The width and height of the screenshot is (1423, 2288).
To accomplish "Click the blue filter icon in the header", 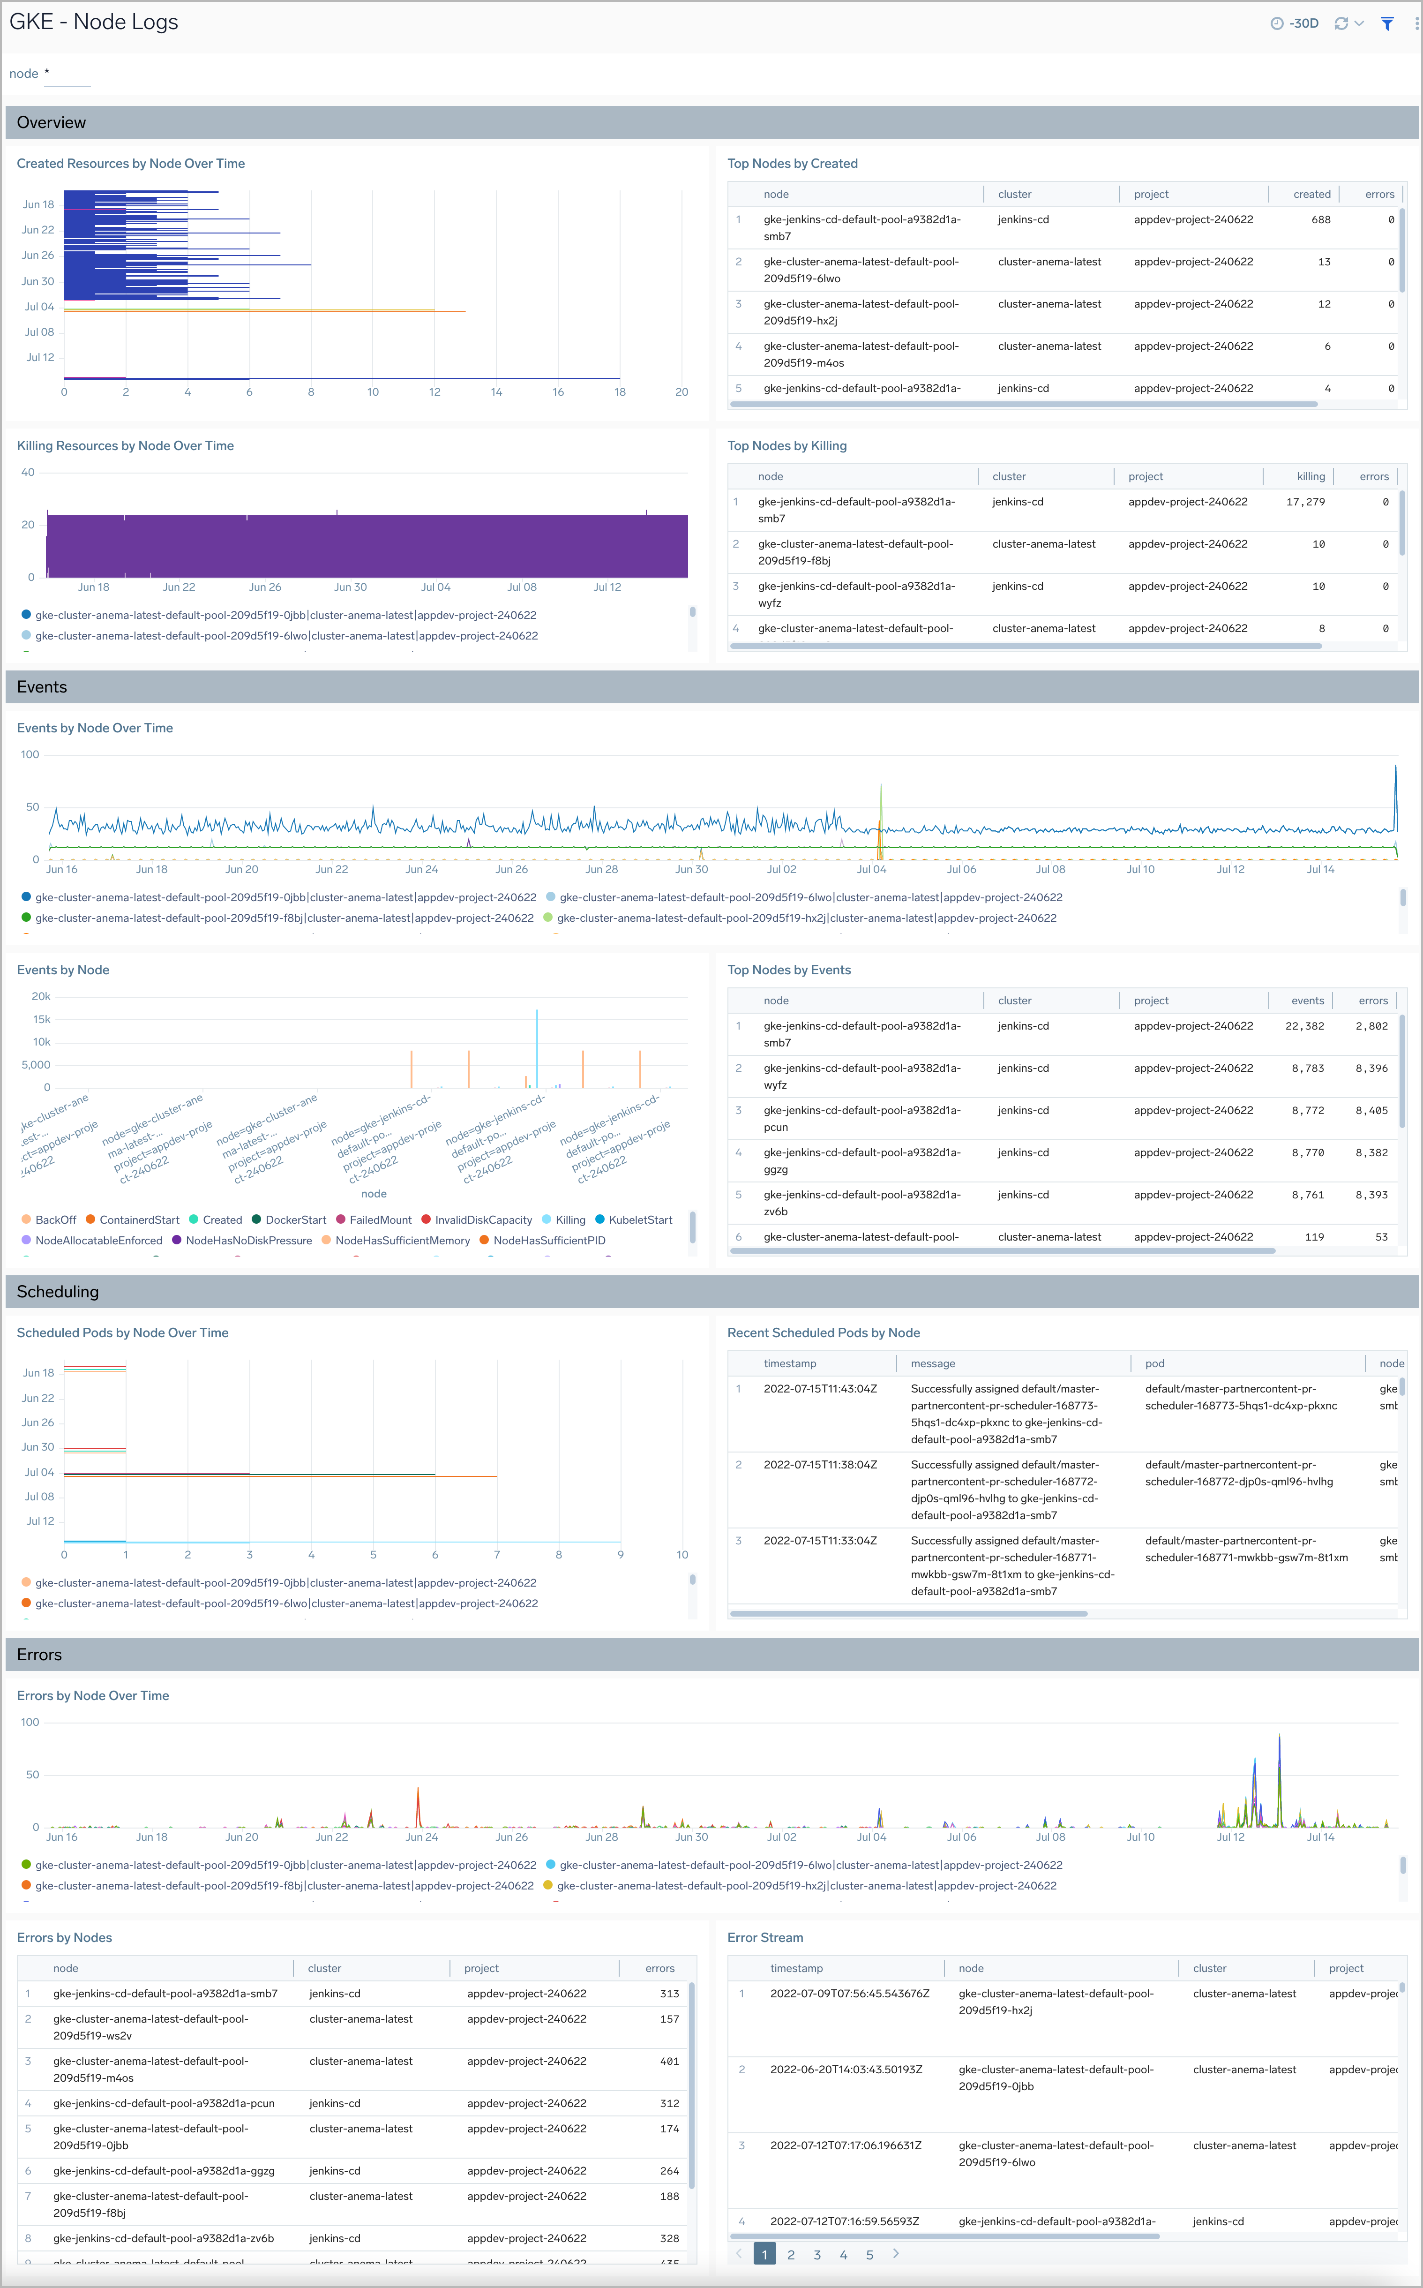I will click(1386, 23).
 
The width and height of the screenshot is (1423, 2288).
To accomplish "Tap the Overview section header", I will click(52, 122).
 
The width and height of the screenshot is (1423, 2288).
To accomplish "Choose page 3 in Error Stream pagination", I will click(817, 2254).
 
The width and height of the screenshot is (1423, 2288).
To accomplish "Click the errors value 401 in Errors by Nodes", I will click(669, 2061).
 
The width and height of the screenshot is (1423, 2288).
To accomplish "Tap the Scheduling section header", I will click(57, 1291).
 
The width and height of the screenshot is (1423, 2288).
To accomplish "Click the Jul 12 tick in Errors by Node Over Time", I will click(1230, 1836).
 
